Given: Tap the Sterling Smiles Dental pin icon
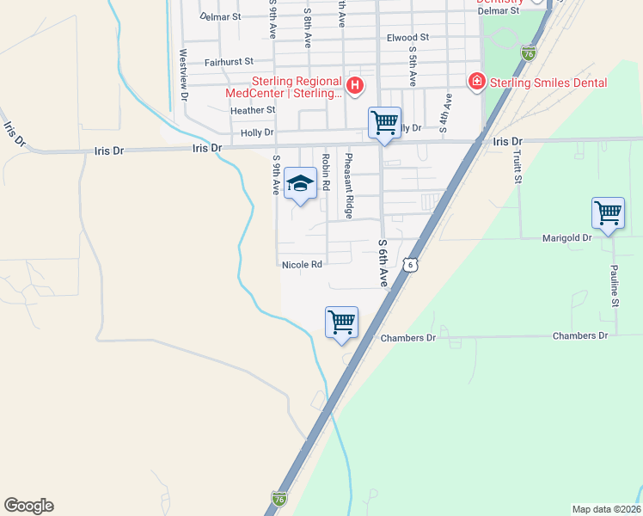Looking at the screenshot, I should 475,82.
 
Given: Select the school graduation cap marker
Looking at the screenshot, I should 300,183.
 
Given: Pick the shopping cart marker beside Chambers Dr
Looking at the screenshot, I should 342,322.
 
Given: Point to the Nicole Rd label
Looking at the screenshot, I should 302,265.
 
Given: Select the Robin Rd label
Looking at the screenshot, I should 325,172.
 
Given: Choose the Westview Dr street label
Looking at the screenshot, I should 183,74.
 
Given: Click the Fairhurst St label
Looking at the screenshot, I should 229,62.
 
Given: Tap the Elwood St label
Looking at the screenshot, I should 407,38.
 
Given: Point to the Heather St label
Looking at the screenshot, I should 253,110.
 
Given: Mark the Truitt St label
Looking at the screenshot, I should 517,166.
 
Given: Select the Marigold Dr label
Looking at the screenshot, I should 568,237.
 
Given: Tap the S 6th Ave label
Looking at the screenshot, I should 383,262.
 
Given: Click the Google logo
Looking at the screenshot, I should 28,506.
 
